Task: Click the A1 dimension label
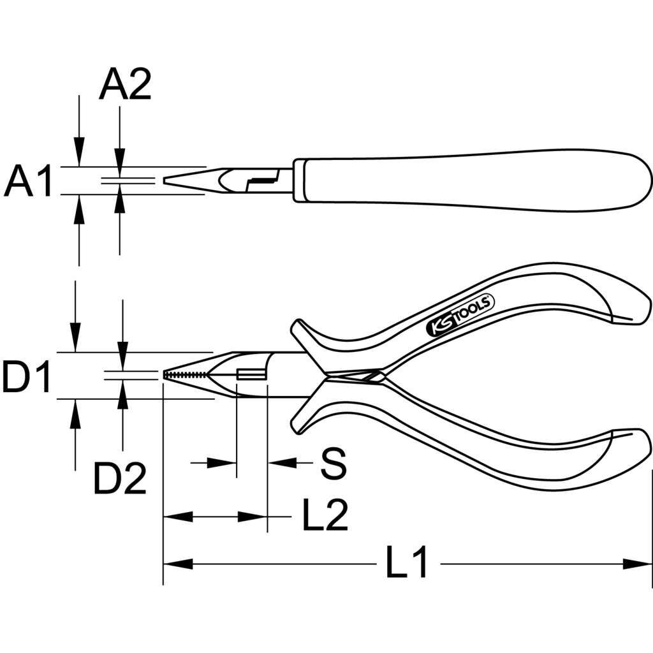(x=28, y=181)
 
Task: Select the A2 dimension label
(x=125, y=85)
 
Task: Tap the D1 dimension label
(x=27, y=377)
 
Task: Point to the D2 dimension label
(x=120, y=478)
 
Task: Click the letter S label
(x=333, y=463)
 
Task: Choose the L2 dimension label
(x=325, y=515)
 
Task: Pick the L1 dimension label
(x=407, y=562)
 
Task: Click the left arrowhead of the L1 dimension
(x=178, y=564)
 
